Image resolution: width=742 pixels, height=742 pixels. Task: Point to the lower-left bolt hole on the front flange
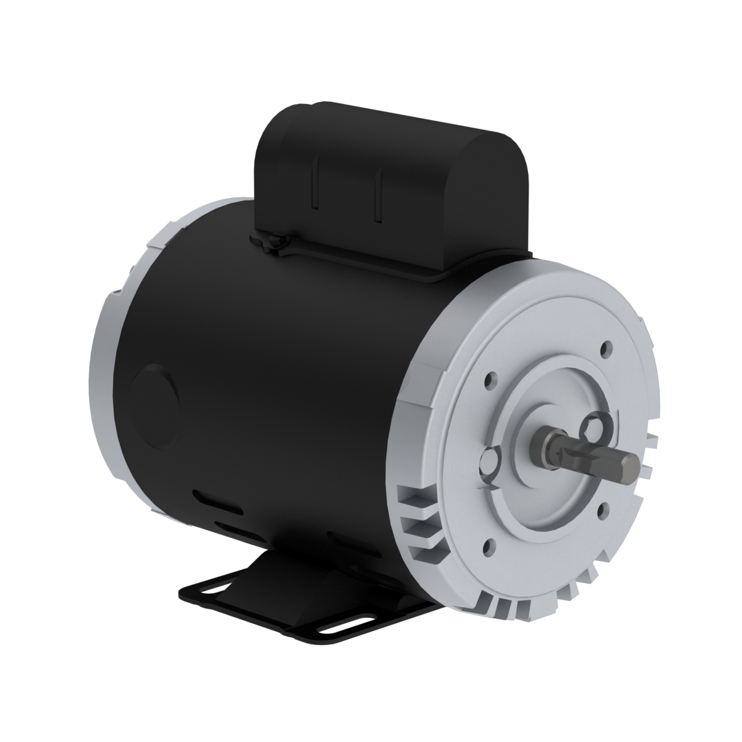tap(490, 545)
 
